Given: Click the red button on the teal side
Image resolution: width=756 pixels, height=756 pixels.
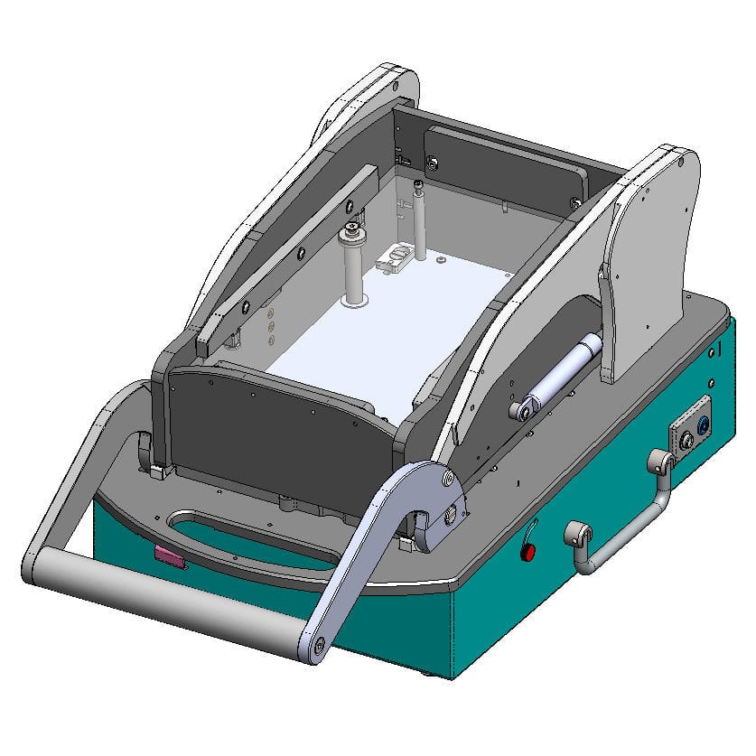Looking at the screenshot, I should (530, 550).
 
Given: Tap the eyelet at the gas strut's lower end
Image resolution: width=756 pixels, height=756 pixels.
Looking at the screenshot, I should (520, 412).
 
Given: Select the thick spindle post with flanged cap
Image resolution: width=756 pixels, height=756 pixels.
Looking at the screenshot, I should (351, 266).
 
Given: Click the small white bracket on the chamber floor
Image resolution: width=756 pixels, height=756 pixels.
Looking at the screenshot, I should (394, 259).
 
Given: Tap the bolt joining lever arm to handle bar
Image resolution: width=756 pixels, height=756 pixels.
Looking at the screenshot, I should (318, 644).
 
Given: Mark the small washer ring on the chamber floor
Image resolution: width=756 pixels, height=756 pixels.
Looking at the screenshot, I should (439, 260).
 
